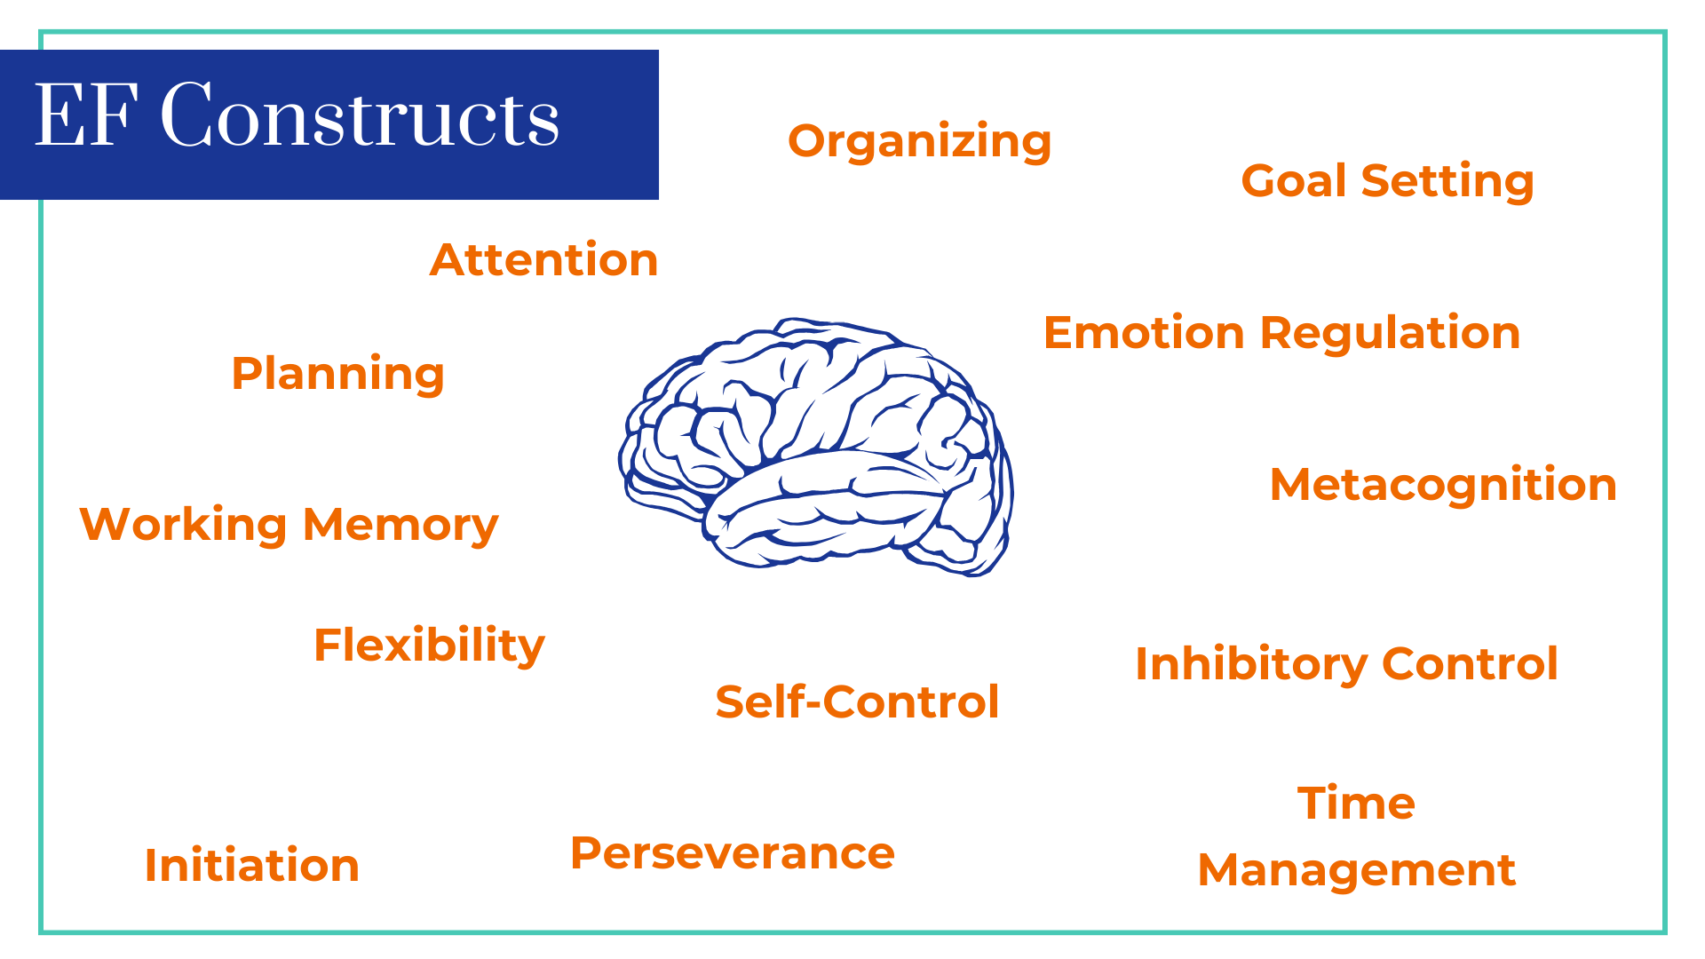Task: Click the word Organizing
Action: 919,141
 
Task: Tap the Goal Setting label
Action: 1387,181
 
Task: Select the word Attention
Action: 543,260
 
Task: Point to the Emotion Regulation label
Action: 1281,333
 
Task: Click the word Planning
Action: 337,374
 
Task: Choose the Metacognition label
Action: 1443,485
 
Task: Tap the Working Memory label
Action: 289,525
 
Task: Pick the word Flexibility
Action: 429,646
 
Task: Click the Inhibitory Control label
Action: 1346,664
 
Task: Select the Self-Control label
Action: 857,702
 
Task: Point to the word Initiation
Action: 251,866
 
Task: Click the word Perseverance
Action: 732,854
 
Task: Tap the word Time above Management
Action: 1356,804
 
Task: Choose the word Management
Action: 1356,870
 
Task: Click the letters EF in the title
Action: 86,115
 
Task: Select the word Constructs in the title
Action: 360,115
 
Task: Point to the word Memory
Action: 400,525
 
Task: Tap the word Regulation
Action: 1390,333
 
